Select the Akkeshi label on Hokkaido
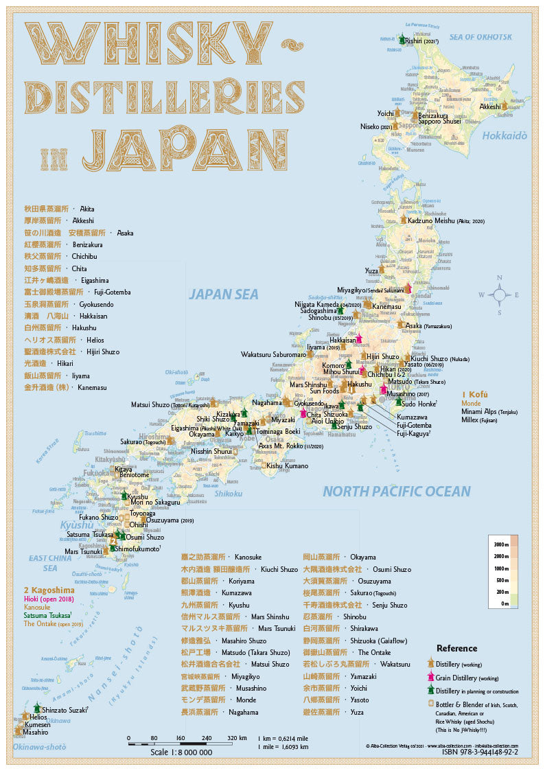[x=490, y=107]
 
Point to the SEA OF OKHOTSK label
[x=480, y=36]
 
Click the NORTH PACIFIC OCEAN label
[x=397, y=491]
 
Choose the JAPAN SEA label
[x=224, y=294]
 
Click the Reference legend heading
[x=456, y=648]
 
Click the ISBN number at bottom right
[x=480, y=752]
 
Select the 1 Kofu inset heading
[x=475, y=395]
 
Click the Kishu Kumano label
[x=288, y=465]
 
